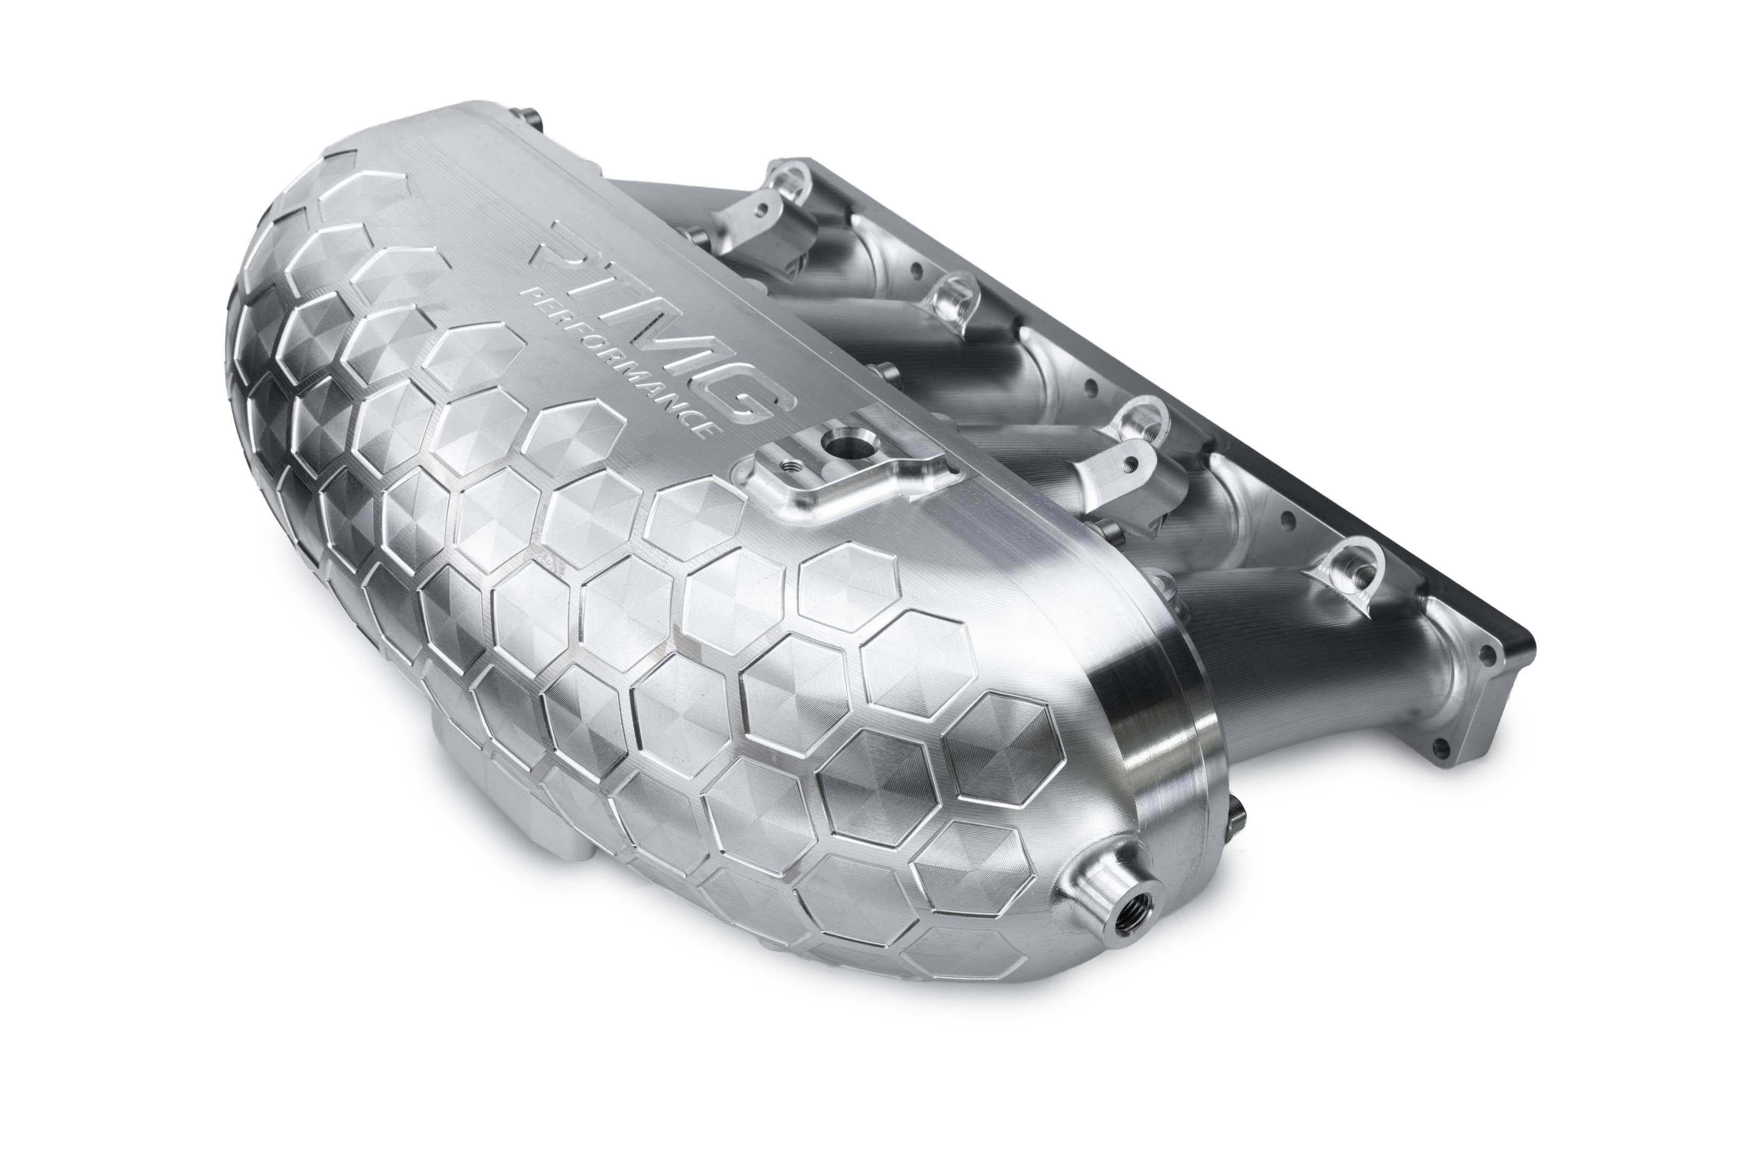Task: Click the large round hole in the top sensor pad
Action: coord(843,449)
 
